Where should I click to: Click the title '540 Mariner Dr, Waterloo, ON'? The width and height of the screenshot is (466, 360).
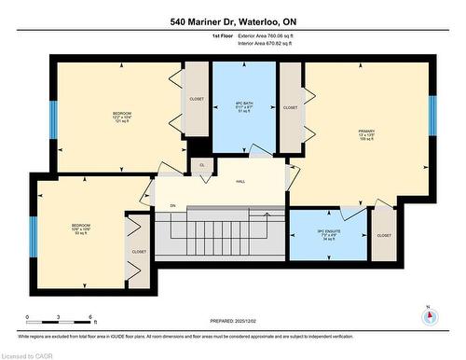click(x=233, y=20)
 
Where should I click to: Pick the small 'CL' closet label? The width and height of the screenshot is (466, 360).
click(x=202, y=166)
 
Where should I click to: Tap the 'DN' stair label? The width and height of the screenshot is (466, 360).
click(x=171, y=205)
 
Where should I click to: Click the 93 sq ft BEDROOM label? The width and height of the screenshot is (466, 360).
click(x=80, y=228)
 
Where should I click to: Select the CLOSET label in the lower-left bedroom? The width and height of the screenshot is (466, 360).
click(x=138, y=250)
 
